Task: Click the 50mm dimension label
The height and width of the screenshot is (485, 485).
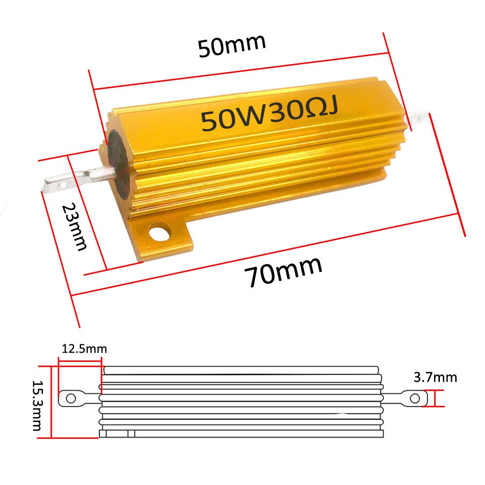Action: point(232,45)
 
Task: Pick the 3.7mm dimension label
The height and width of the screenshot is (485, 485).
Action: point(435,377)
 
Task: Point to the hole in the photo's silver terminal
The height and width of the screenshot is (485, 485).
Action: point(62,185)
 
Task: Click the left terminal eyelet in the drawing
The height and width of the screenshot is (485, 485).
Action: point(71,399)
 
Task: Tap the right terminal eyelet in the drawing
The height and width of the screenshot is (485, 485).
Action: point(415,398)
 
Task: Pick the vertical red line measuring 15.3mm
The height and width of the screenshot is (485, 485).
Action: point(50,402)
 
